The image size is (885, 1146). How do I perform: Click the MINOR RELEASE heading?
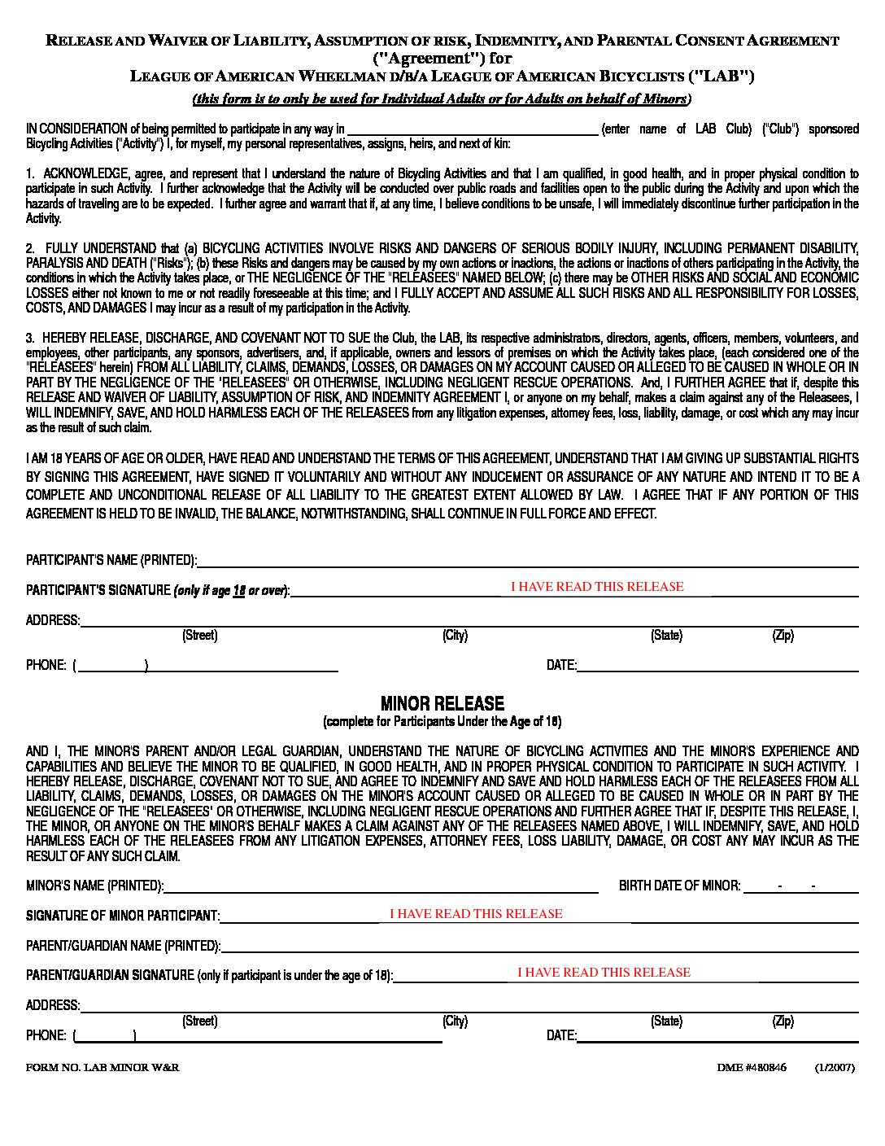[x=442, y=703]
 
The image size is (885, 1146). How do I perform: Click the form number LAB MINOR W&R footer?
[x=102, y=1068]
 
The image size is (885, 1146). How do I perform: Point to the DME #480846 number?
[x=752, y=1068]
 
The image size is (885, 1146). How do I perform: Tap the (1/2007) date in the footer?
[x=835, y=1068]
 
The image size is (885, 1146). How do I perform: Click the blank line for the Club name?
[x=472, y=130]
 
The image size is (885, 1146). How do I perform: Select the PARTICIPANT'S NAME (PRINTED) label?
[x=111, y=560]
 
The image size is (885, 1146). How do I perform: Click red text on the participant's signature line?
[x=597, y=587]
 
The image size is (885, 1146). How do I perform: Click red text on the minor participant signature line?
[x=476, y=914]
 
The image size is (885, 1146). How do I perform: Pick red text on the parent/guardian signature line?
[x=604, y=973]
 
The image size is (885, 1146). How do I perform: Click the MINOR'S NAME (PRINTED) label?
[x=94, y=886]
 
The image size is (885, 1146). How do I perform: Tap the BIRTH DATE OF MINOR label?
[x=679, y=886]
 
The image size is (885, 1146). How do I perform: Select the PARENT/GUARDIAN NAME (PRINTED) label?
[x=123, y=946]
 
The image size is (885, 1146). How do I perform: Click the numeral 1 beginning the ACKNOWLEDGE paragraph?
[x=29, y=174]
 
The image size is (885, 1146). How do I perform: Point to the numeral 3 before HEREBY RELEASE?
[x=29, y=338]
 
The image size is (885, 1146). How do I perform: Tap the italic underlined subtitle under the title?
[x=442, y=99]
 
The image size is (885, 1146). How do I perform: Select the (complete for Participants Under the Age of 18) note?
[x=442, y=722]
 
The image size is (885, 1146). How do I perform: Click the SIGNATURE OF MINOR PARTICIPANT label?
[x=122, y=916]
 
